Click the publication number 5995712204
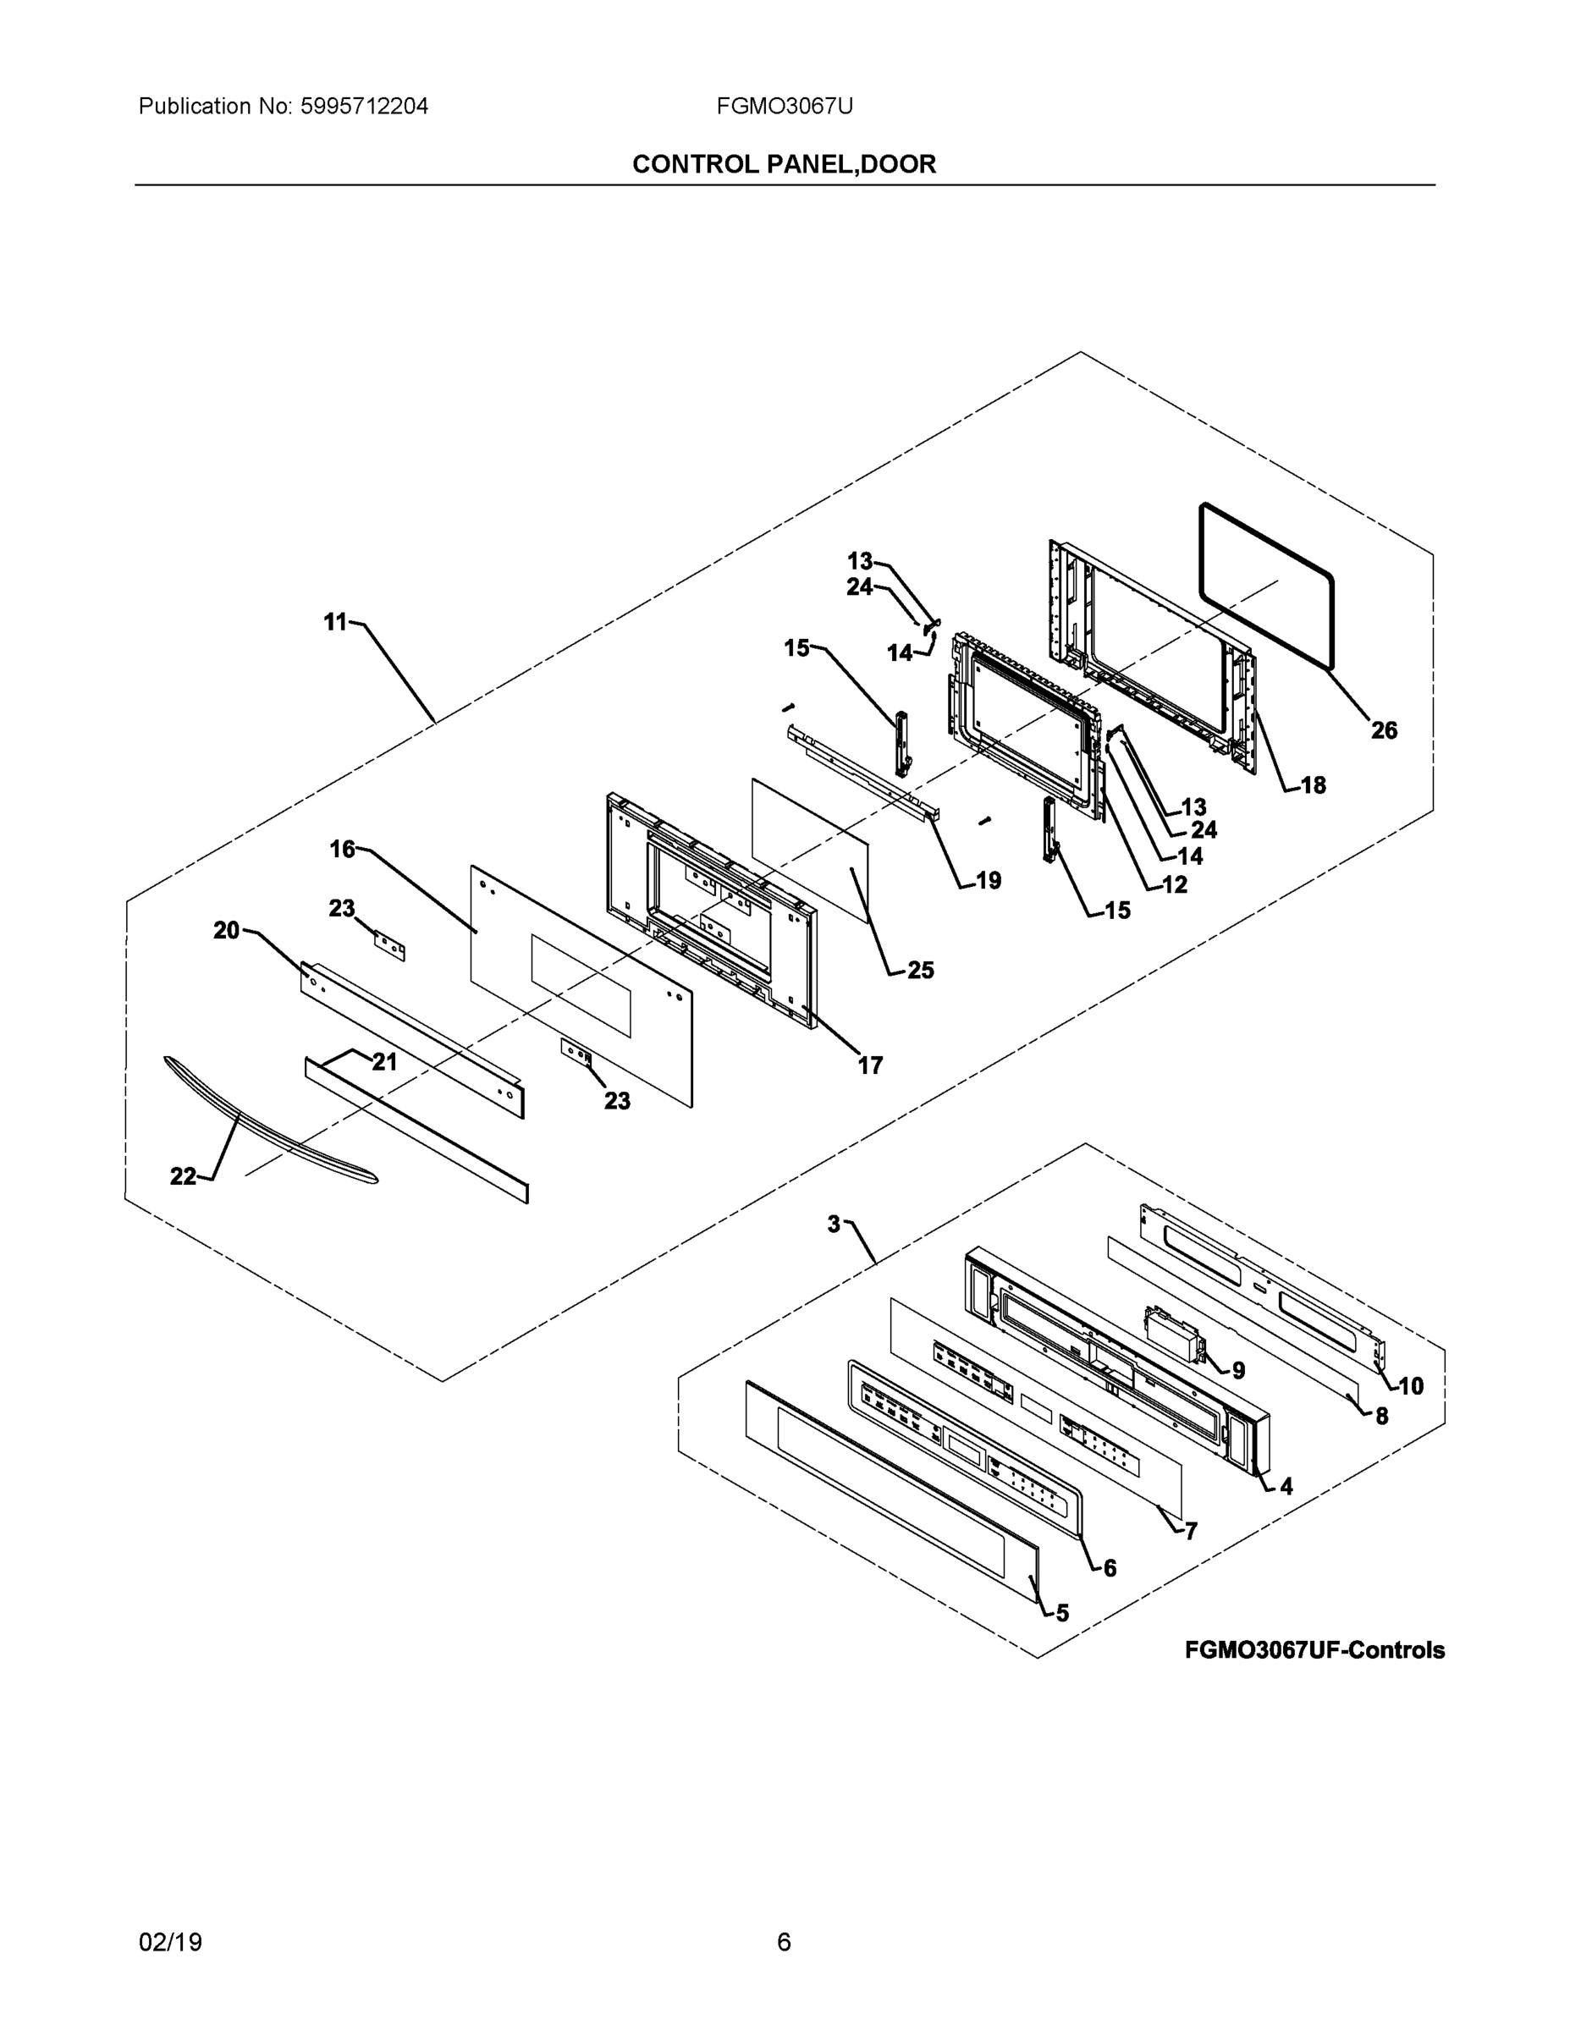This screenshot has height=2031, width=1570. pos(364,106)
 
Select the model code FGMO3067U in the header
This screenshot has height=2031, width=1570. pos(784,106)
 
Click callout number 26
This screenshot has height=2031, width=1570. pos(1384,730)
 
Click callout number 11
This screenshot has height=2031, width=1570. pos(335,621)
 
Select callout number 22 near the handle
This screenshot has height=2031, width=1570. pos(182,1176)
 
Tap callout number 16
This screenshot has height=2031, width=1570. pos(342,848)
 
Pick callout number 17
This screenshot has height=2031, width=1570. pos(870,1065)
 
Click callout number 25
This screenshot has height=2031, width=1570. pos(920,970)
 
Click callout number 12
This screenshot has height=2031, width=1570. pos(1175,884)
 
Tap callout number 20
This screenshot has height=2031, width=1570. pos(226,930)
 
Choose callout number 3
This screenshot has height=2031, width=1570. pos(835,1224)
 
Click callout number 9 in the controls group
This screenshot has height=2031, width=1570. pos(1238,1370)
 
